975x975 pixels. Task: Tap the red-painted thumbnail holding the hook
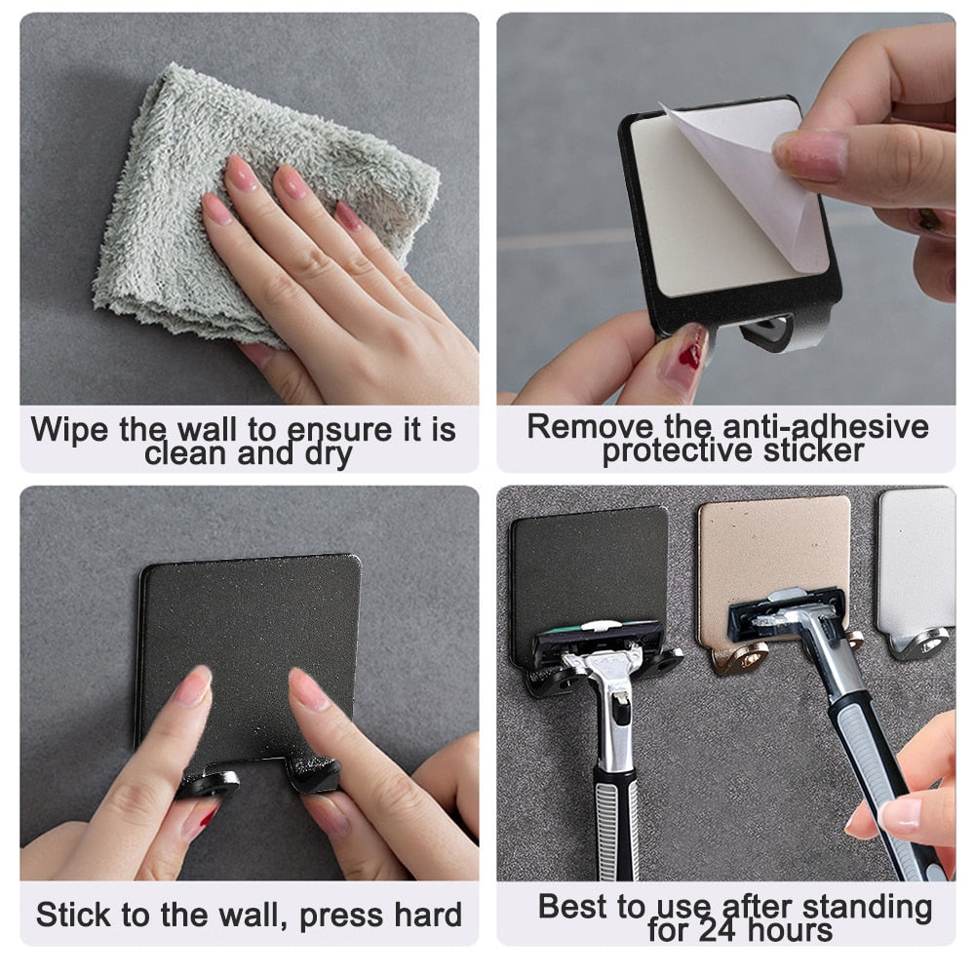(x=689, y=346)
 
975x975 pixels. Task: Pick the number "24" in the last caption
(x=721, y=930)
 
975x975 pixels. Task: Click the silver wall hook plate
(x=916, y=556)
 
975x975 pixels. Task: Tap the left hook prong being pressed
(x=208, y=782)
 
